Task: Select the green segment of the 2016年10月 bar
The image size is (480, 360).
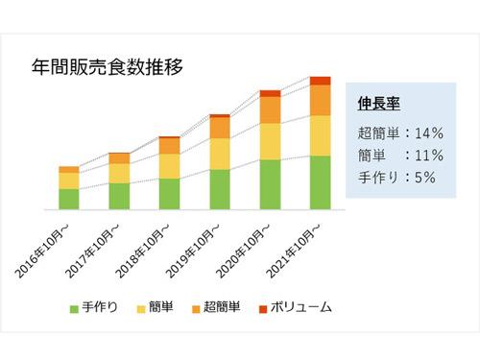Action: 68,199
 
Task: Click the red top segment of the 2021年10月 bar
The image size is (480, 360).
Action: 320,81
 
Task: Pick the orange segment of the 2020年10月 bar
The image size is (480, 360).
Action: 270,109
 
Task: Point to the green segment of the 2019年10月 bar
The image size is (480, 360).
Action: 220,189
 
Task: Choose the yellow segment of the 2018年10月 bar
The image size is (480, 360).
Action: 169,166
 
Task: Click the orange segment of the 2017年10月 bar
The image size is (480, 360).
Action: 119,157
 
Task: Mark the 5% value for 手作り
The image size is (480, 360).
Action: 421,178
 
